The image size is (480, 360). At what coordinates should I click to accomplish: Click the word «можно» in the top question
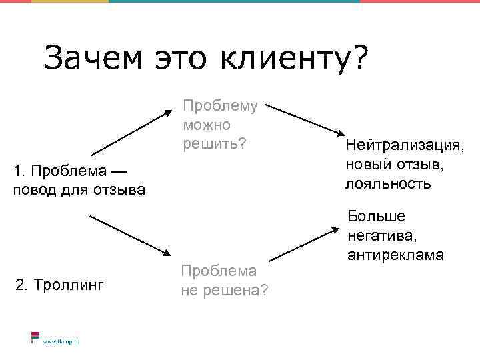coord(205,125)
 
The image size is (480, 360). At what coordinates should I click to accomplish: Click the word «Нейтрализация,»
coord(404,145)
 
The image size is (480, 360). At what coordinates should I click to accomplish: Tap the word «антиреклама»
coord(395,255)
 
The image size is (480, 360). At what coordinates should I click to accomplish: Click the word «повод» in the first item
coord(33,190)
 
